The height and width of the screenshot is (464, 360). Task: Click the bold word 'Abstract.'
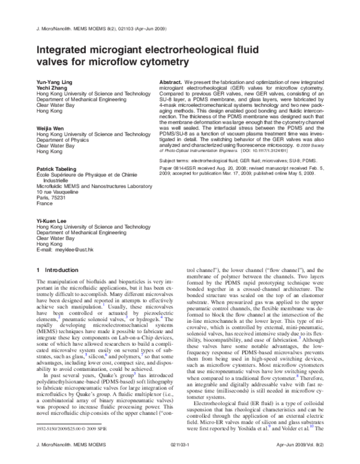(x=170, y=81)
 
